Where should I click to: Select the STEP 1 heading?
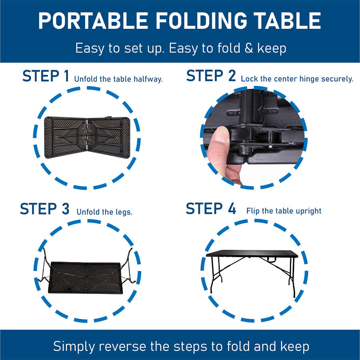tap(46, 76)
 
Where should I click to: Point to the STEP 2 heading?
tap(211, 76)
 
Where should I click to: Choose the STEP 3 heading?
tap(44, 209)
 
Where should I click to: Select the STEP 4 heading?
tap(211, 209)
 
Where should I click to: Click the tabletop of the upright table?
tap(252, 254)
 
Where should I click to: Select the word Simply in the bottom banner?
tap(73, 346)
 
